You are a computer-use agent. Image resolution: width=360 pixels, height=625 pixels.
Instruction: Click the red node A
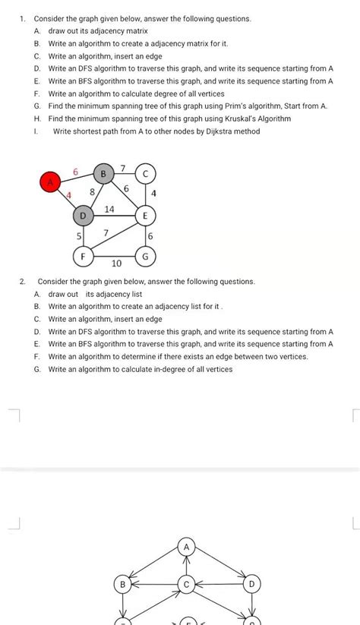coord(50,182)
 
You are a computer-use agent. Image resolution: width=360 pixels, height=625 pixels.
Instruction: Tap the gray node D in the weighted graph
coord(83,217)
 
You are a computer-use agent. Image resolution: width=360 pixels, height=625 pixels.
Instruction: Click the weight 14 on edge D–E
coord(109,209)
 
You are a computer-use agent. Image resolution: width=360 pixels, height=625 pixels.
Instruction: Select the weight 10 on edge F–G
coord(116,264)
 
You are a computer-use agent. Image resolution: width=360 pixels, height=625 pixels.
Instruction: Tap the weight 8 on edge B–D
coord(92,193)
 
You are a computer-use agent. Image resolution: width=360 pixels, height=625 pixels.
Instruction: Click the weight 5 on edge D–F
coord(78,237)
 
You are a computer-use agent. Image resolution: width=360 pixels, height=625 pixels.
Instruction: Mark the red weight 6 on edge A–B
coord(75,172)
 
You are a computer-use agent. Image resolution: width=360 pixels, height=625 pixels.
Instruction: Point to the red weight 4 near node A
coord(68,196)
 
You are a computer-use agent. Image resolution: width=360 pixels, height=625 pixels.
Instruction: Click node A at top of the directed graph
coord(187,546)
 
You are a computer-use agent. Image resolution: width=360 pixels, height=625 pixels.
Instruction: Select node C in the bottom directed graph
coord(187,584)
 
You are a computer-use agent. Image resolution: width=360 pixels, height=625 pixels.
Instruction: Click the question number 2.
coord(24,281)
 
